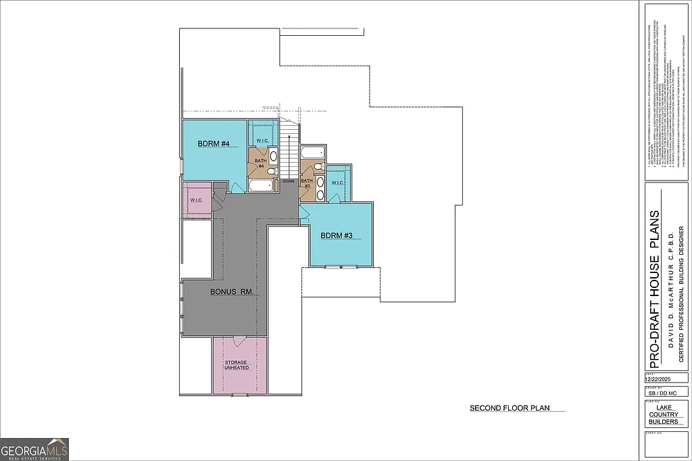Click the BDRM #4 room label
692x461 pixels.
tap(214, 144)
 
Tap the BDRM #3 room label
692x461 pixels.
tap(337, 235)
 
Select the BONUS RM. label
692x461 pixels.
tap(231, 292)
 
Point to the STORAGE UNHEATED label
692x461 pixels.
tap(236, 365)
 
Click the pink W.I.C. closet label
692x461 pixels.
tap(197, 200)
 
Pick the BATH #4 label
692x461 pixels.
tap(260, 163)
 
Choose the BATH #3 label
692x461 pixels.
tap(307, 183)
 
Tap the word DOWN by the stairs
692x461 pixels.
tap(289, 181)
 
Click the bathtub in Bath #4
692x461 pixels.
tap(260, 186)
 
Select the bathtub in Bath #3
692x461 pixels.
tap(312, 153)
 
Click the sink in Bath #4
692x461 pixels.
tap(273, 157)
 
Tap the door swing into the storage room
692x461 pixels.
tap(238, 341)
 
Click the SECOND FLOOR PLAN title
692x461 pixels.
tap(510, 408)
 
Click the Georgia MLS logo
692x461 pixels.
tap(34, 450)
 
